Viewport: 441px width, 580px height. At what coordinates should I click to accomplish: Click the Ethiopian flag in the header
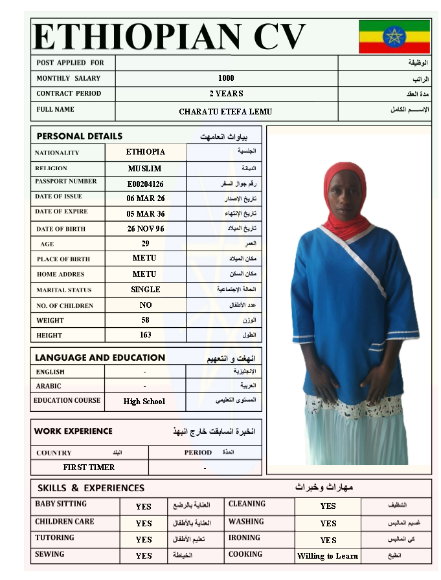[394, 36]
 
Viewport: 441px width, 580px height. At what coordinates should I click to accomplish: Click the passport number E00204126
[146, 184]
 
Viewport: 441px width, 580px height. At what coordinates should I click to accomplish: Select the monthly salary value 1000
[226, 78]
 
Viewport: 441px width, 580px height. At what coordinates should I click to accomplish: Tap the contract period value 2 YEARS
[226, 94]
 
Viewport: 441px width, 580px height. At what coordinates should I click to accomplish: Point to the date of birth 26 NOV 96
[146, 229]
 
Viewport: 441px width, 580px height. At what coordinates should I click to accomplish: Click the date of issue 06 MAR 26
[146, 199]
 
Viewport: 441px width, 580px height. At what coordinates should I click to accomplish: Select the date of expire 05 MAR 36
[146, 213]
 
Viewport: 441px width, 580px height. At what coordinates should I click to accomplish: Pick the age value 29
[146, 244]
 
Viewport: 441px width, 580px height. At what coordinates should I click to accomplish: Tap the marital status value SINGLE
[146, 290]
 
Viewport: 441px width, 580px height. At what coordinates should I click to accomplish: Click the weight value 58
[146, 320]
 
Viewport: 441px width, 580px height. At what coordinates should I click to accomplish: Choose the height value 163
[146, 335]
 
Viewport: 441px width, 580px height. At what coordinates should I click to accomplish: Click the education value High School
[144, 402]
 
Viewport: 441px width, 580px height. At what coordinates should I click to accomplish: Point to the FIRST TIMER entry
[89, 467]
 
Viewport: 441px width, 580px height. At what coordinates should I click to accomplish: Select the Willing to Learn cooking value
[328, 556]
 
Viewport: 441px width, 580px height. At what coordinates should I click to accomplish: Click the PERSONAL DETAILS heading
[79, 136]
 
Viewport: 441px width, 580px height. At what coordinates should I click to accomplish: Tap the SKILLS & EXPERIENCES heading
[91, 488]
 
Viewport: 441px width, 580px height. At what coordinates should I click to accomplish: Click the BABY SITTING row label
[61, 504]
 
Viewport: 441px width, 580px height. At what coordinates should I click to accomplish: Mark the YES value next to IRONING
[328, 540]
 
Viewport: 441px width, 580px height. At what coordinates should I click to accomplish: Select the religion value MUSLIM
[145, 169]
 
